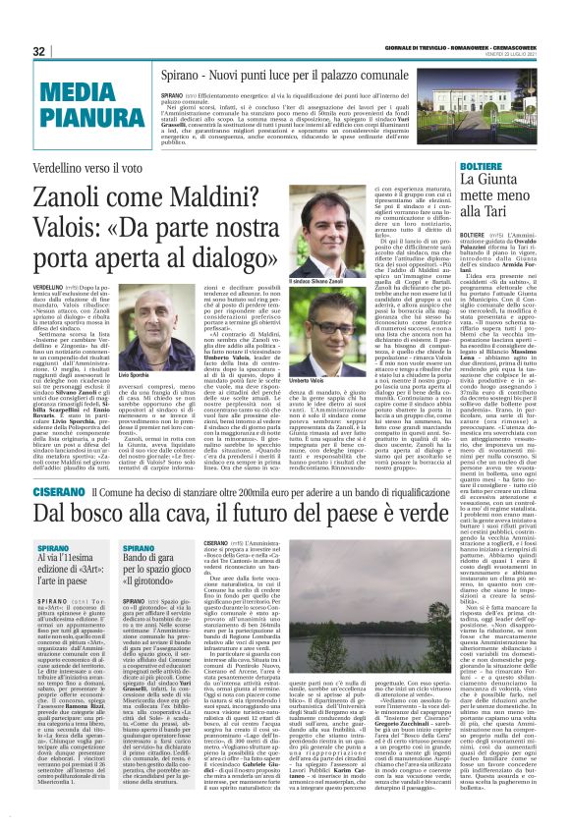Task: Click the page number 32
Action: coord(39,51)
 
